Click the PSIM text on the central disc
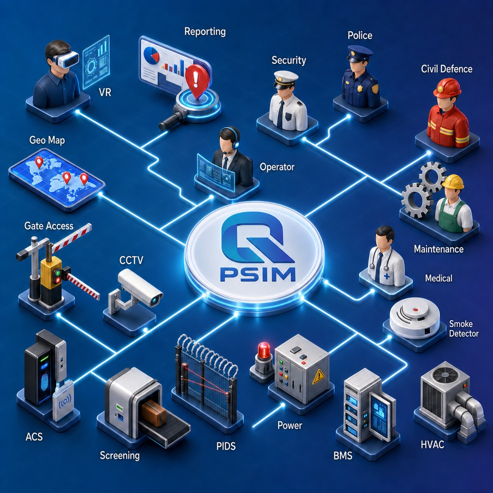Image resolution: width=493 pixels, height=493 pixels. pyautogui.click(x=258, y=274)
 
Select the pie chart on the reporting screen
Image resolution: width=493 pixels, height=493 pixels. pyautogui.click(x=151, y=55)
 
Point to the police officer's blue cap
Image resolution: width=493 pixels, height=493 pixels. pyautogui.click(x=360, y=53)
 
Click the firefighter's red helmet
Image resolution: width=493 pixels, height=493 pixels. pyautogui.click(x=447, y=88)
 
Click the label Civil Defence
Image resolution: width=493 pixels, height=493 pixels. pyautogui.click(x=446, y=69)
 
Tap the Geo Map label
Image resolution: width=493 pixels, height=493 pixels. pyautogui.click(x=47, y=140)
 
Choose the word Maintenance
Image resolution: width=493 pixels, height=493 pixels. pyautogui.click(x=439, y=249)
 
